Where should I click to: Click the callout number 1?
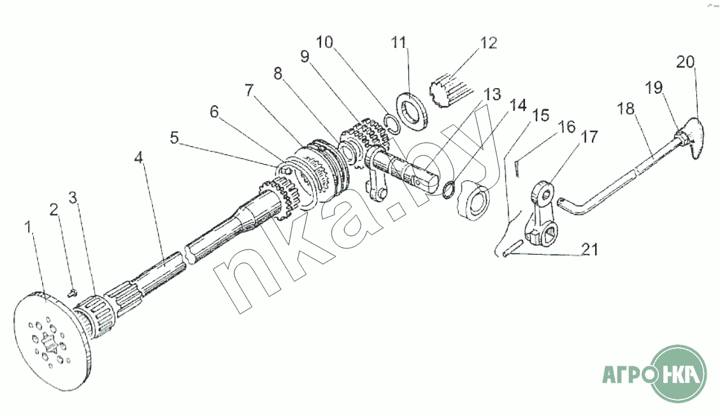point(27,227)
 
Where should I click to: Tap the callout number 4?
point(138,156)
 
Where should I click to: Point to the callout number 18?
point(626,108)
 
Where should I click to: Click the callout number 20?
point(685,63)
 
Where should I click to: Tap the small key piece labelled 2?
point(71,293)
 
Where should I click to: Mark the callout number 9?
point(305,57)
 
